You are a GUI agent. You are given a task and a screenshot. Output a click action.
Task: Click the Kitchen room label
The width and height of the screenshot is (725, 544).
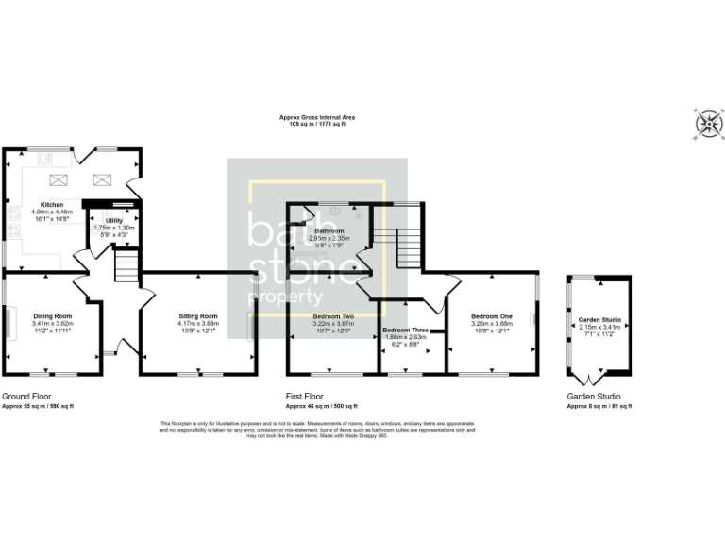pos(51,204)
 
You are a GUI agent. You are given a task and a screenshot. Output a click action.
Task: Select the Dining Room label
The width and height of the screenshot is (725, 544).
pos(53,315)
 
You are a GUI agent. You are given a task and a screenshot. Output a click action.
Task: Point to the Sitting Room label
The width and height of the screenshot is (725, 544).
pos(198,315)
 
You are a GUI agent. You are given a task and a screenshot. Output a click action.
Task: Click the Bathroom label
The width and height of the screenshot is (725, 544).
pos(329,231)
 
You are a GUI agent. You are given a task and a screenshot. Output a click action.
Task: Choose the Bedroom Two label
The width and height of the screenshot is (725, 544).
pos(334,315)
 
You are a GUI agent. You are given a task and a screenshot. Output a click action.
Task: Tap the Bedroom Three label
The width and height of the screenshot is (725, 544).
pos(406,331)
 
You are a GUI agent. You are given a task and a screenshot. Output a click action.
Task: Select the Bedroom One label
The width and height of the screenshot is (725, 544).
pos(492,315)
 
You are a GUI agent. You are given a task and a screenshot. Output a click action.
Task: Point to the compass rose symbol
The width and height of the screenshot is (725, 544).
pos(703,122)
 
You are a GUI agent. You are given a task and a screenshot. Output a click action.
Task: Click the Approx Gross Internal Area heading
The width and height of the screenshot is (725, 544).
pos(317,118)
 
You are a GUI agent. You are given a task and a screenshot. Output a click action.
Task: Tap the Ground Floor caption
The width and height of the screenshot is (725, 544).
pos(26,397)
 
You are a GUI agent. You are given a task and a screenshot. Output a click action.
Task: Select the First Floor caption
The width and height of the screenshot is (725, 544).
pos(306,397)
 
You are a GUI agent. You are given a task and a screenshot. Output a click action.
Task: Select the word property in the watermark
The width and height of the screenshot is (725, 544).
pos(283,297)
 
